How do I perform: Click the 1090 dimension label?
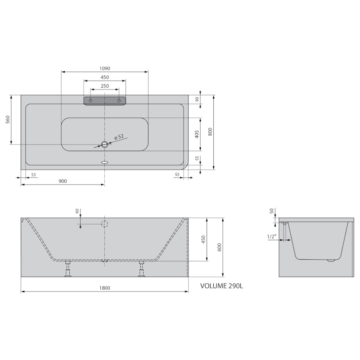104,68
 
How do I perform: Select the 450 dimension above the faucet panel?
104,77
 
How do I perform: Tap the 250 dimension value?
104,85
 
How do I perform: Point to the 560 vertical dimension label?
8,120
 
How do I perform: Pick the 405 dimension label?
197,134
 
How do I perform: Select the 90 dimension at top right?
197,99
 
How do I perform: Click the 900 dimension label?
63,181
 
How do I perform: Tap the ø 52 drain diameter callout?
119,137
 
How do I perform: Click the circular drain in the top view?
104,144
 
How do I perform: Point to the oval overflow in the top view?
104,162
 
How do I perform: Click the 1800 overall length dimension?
104,288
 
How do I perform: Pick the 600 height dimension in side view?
219,247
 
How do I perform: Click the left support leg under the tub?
67,269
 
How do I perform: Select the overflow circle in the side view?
104,224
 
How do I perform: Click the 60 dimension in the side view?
77,211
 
